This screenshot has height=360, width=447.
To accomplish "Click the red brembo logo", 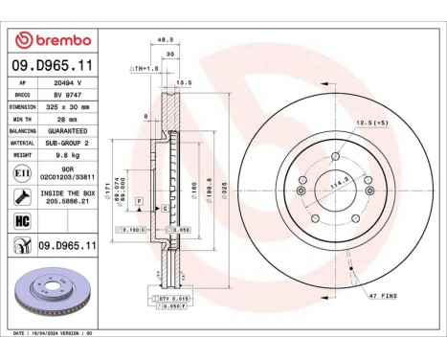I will point(54,39).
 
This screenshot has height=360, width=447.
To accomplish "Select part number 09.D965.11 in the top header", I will point(54,64).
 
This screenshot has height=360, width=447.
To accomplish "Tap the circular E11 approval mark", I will point(21,171).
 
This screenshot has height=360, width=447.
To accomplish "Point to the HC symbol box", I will point(21,222).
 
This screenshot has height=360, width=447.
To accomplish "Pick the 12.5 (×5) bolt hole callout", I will point(370,123).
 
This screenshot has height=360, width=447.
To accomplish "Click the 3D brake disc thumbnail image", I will point(54,297).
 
